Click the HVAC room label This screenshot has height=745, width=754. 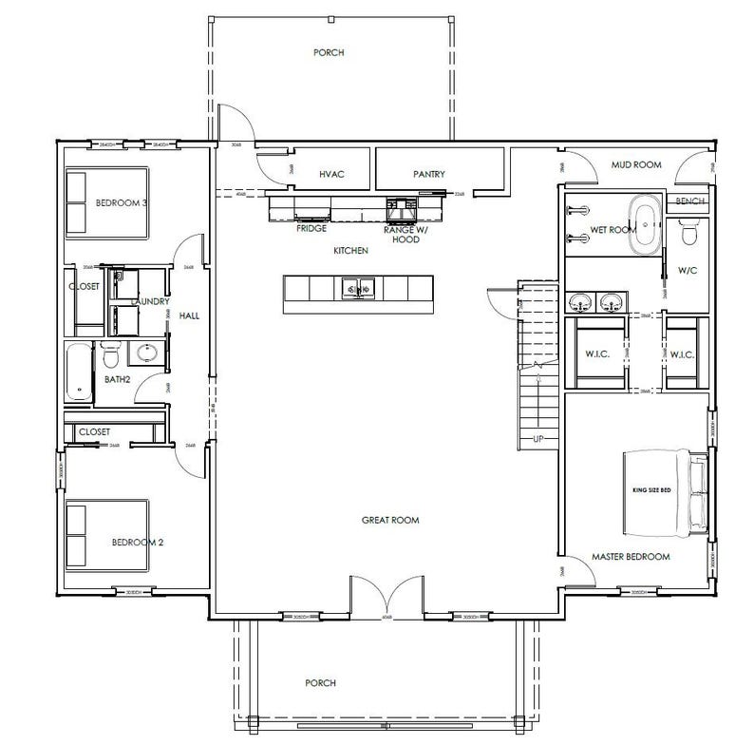tap(330, 174)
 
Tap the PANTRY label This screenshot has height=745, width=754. tap(429, 174)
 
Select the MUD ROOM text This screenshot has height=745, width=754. tap(635, 164)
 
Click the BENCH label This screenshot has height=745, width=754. tap(690, 201)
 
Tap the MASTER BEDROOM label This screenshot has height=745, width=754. tap(631, 556)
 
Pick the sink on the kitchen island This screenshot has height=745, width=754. tap(358, 288)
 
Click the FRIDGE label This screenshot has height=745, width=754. tap(311, 229)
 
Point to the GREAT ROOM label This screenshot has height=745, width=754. tap(390, 520)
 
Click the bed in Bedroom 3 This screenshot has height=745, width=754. tap(105, 202)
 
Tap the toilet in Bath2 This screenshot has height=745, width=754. tap(111, 356)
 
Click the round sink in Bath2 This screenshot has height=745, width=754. tap(146, 354)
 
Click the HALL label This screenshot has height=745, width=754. tap(188, 316)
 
